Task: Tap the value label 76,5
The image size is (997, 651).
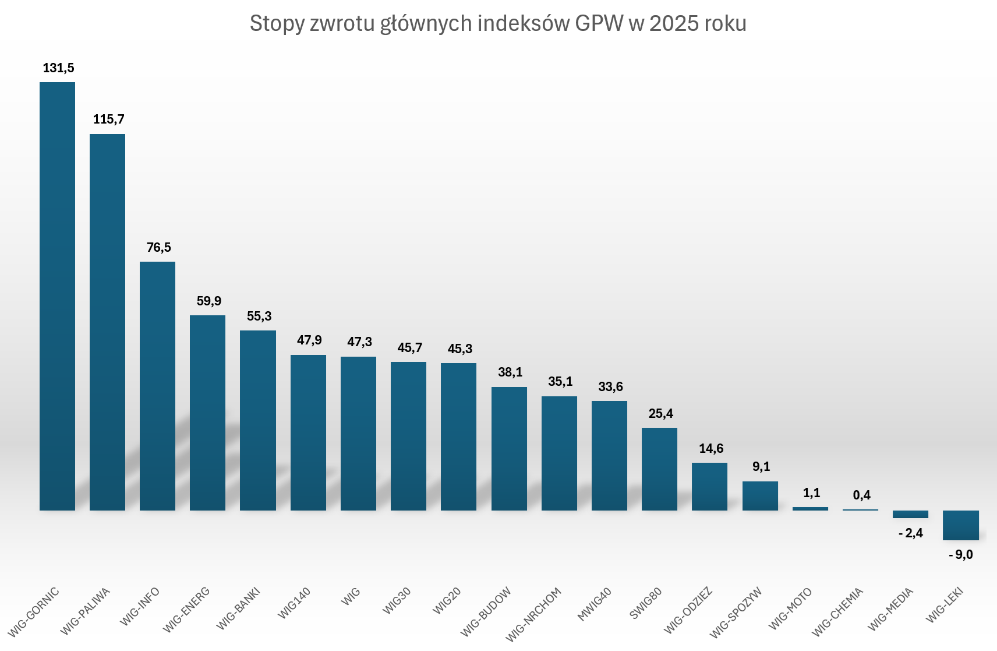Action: [x=158, y=248]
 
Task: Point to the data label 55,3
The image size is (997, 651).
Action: [x=259, y=316]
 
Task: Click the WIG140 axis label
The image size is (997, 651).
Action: [x=295, y=603]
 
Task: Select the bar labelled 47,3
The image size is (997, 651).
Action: [x=358, y=434]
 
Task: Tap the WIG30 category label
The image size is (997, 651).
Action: [x=397, y=601]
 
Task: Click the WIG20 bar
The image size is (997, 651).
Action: [x=458, y=437]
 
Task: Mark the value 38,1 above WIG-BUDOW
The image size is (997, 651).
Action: [x=510, y=372]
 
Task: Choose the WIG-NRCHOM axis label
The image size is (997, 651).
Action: [x=534, y=614]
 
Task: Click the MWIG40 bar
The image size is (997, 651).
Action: [x=609, y=456]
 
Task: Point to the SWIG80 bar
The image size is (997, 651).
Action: [x=659, y=469]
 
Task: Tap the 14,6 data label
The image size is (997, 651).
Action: [x=711, y=449]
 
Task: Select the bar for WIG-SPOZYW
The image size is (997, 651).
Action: [x=760, y=496]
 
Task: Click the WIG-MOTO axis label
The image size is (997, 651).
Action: [x=790, y=609]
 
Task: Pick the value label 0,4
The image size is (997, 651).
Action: [x=861, y=495]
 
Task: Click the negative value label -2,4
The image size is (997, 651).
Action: [x=911, y=533]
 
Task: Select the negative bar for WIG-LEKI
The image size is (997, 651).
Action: [x=960, y=525]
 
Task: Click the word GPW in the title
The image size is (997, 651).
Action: [x=599, y=24]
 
